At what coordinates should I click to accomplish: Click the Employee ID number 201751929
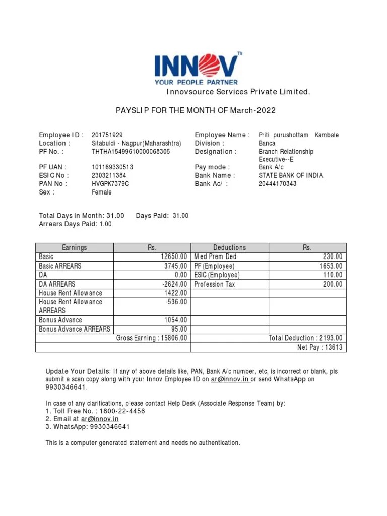[x=107, y=135]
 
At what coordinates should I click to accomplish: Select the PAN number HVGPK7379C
[x=110, y=184]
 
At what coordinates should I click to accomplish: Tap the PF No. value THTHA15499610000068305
[x=131, y=151]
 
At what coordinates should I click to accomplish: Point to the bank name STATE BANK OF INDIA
[x=291, y=175]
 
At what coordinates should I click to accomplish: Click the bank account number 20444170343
[x=278, y=184]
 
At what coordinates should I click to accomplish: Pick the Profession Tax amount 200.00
[x=333, y=284]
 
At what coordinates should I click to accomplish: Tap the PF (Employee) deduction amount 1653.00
[x=331, y=266]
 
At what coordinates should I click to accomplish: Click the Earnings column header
[x=75, y=247]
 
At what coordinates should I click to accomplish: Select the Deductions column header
[x=229, y=247]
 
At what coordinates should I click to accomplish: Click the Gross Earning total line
[x=152, y=338]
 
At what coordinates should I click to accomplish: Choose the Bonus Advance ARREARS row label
[x=75, y=329]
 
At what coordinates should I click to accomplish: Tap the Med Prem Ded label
[x=215, y=257]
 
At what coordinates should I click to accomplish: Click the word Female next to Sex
[x=102, y=192]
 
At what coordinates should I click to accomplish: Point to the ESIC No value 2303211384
[x=109, y=175]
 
